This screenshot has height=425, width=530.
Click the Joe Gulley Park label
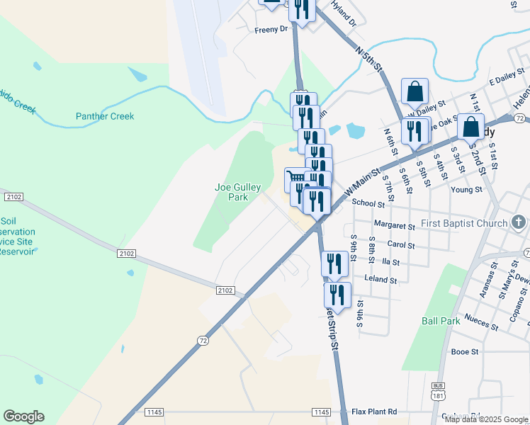pyautogui.click(x=232, y=192)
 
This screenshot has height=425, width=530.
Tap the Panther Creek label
pyautogui.click(x=105, y=116)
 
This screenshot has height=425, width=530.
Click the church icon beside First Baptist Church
pyautogui.click(x=519, y=224)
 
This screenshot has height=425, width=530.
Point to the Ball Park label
pyautogui.click(x=441, y=320)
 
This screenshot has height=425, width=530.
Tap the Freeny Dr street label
pyautogui.click(x=272, y=30)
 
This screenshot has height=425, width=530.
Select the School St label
pyautogui.click(x=368, y=203)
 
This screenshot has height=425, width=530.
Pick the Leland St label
pyautogui.click(x=380, y=279)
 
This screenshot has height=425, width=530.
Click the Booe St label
pyautogui.click(x=465, y=351)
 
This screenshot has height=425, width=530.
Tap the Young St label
pyautogui.click(x=466, y=190)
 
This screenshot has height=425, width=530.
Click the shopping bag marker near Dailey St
pyautogui.click(x=415, y=91)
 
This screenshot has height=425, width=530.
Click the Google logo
pyautogui.click(x=23, y=416)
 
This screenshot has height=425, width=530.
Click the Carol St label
pyautogui.click(x=401, y=244)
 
